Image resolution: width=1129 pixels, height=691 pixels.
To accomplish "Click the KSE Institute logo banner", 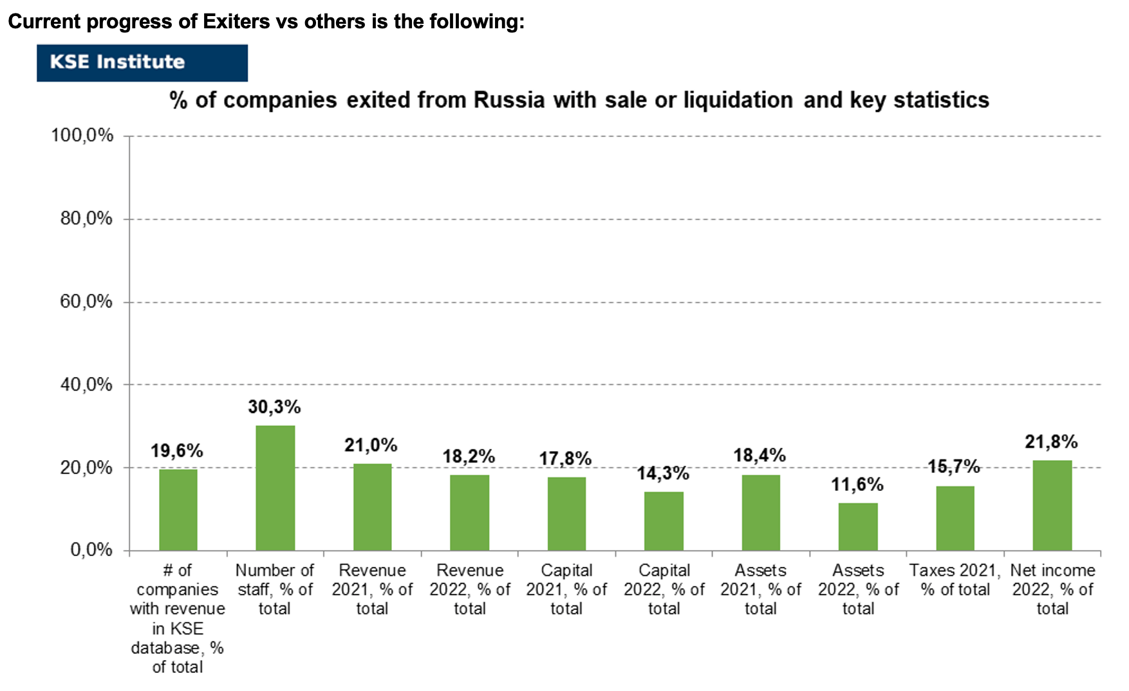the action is tap(142, 62).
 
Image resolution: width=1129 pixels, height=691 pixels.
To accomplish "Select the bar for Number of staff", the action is tap(275, 488).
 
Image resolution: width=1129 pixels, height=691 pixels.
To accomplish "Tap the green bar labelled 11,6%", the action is tap(858, 526).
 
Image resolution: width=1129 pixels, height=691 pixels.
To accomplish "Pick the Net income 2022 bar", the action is tap(1052, 505).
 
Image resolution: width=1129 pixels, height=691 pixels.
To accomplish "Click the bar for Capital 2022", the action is tap(664, 521).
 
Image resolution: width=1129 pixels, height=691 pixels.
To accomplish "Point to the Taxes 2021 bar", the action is tap(955, 518).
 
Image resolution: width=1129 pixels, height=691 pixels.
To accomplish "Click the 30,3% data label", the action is tap(274, 407).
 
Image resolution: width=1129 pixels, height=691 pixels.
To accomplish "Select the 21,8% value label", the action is tap(1051, 442).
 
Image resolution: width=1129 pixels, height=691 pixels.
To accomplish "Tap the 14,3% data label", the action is tap(663, 474).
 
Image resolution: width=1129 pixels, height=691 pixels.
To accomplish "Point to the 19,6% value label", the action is tap(177, 451).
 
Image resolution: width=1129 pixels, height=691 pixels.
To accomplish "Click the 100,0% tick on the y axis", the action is tap(82, 135).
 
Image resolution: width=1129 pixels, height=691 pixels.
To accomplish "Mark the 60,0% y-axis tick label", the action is tap(87, 301).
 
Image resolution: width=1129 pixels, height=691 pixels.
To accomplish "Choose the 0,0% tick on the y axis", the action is tap(91, 549).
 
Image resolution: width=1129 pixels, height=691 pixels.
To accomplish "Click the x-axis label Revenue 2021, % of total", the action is tap(372, 589).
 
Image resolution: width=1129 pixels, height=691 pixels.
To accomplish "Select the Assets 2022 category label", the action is tap(858, 589).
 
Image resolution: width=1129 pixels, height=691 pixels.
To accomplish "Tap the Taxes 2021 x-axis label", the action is tap(955, 580).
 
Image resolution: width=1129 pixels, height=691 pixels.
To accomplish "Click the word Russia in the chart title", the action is tap(509, 100).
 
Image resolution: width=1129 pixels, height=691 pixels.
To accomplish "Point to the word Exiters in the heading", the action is tap(236, 22).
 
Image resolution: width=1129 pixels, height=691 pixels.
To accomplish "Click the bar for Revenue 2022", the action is tap(470, 513).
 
